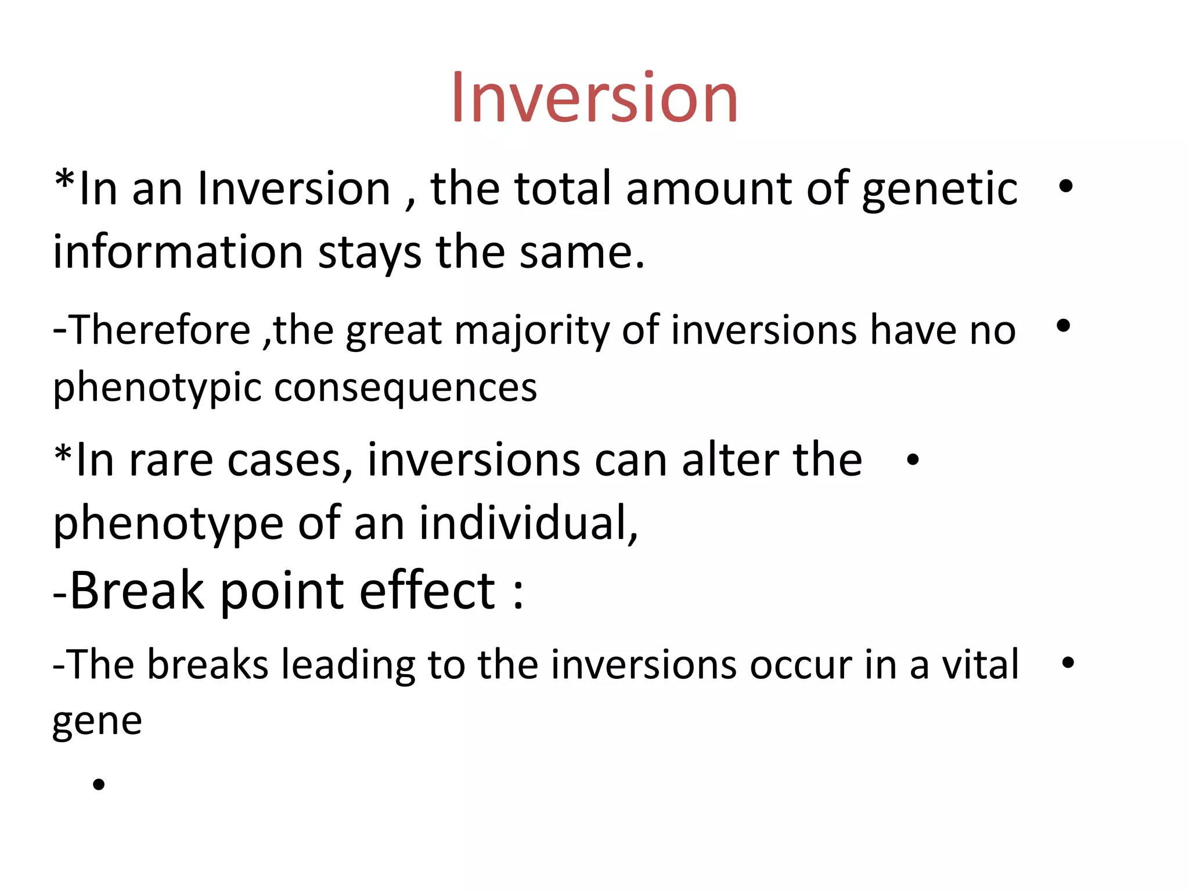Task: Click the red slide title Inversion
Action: point(594,98)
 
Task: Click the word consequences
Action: point(405,388)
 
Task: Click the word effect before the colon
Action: point(427,591)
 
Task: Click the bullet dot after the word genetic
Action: point(1065,186)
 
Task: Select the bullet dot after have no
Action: point(1063,326)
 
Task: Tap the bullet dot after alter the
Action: point(913,460)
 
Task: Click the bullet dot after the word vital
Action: point(1067,662)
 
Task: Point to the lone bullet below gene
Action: point(99,785)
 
